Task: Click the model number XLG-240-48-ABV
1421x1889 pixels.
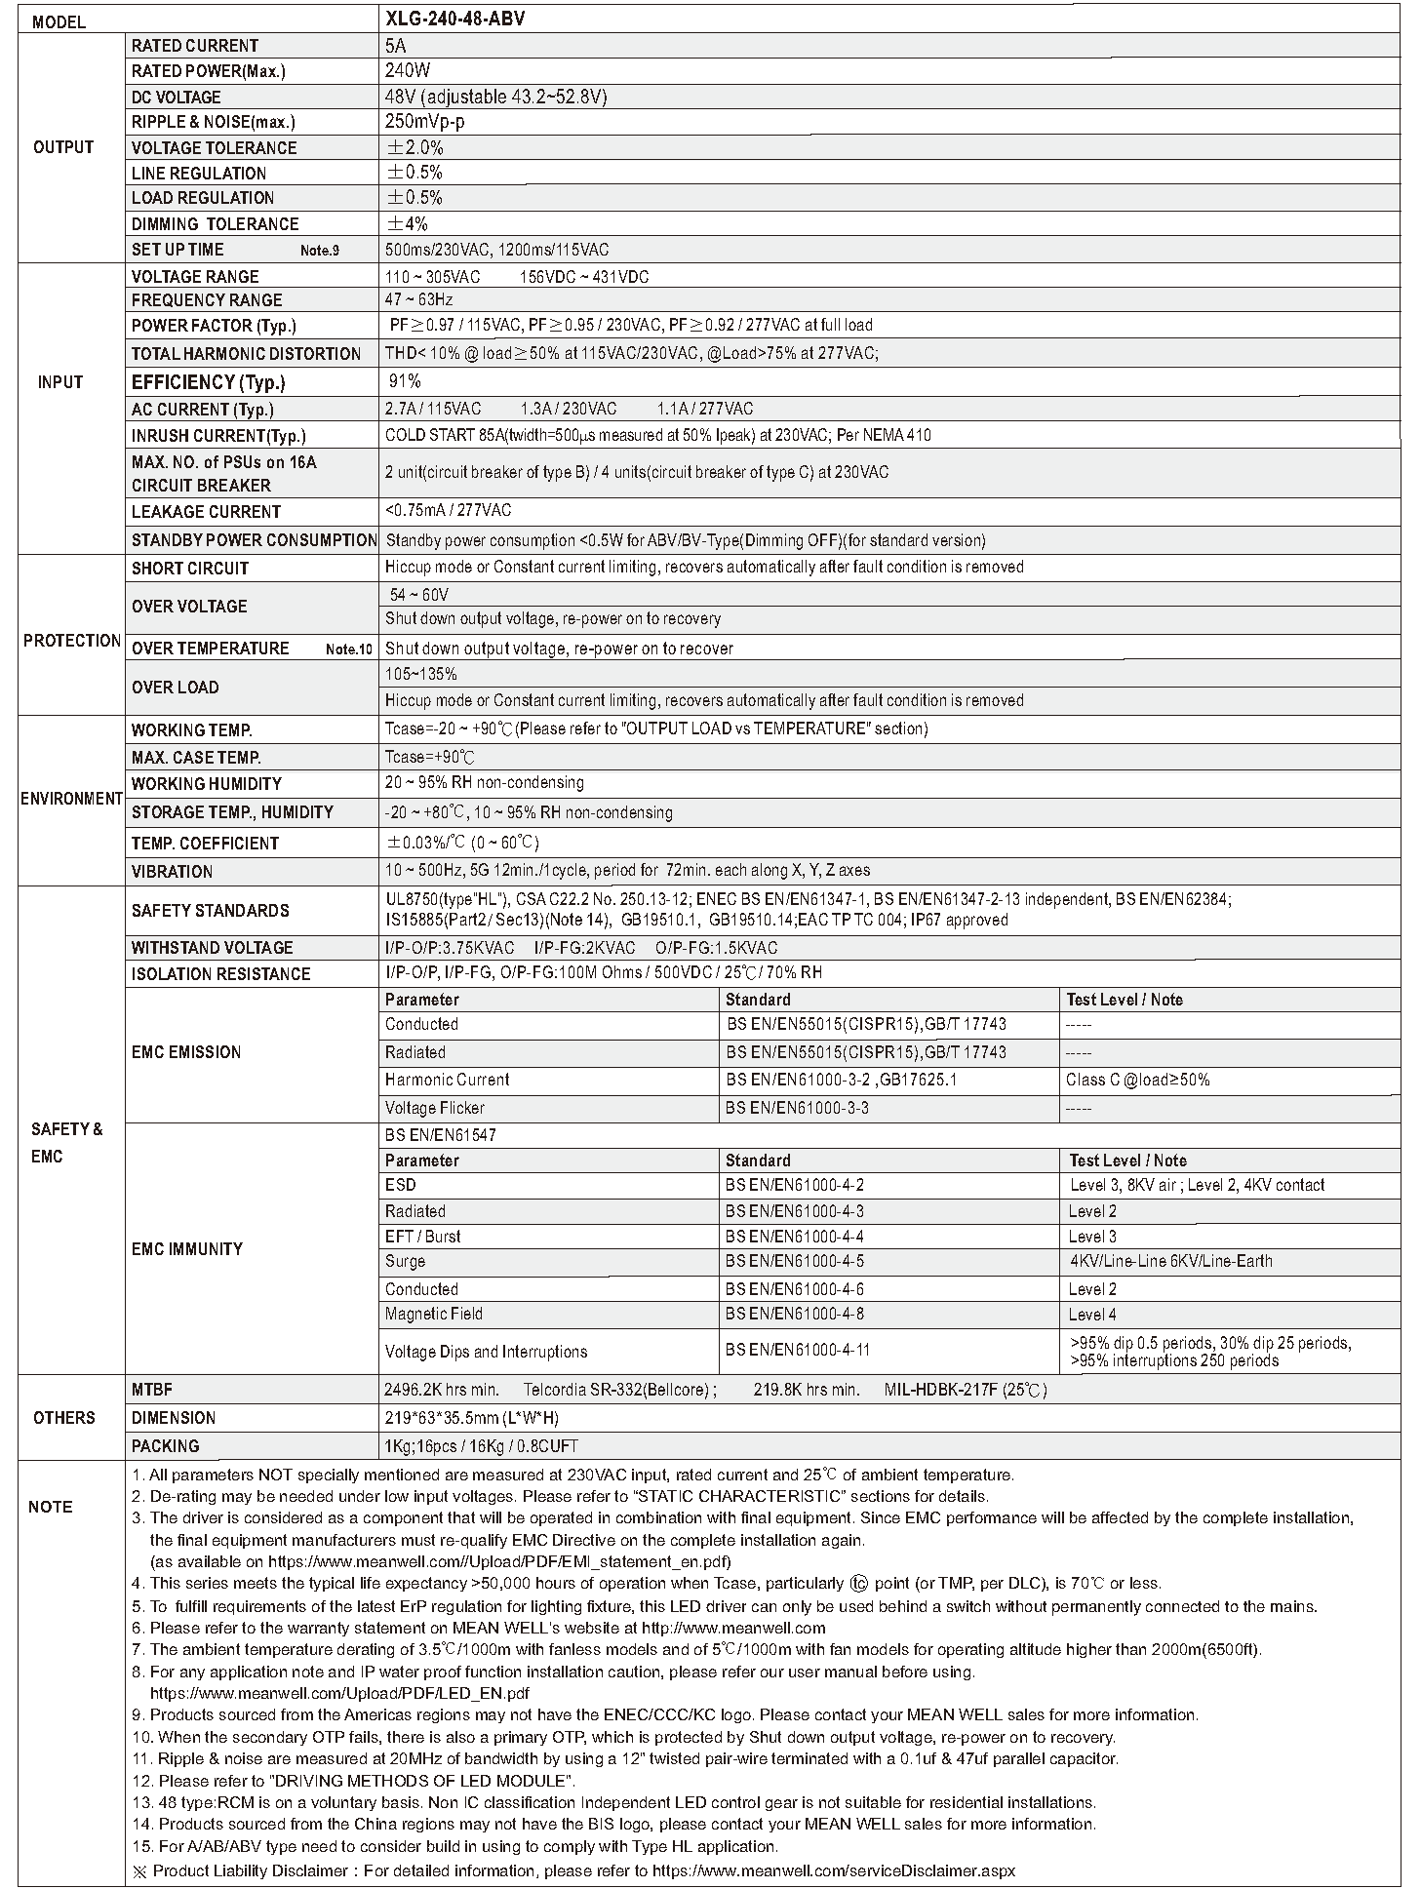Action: [x=454, y=19]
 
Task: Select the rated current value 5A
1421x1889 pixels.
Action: [x=396, y=45]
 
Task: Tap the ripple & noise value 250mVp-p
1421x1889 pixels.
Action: [x=425, y=122]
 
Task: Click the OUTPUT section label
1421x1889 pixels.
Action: [x=63, y=147]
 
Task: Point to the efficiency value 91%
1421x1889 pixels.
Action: [x=405, y=381]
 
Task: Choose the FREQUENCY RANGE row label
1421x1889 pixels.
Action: [x=207, y=300]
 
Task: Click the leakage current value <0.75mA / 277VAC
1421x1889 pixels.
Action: [x=448, y=510]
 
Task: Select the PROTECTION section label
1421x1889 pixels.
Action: [x=71, y=641]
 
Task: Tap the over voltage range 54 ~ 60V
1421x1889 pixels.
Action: [x=419, y=594]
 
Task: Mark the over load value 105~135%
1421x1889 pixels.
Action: [x=420, y=674]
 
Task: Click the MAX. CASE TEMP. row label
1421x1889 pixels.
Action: [x=196, y=757]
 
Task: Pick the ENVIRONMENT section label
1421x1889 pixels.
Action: [x=71, y=799]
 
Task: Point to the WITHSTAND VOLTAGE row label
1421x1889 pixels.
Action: [x=212, y=948]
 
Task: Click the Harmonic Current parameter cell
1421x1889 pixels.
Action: [x=447, y=1080]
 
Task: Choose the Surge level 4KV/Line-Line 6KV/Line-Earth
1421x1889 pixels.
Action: [x=1170, y=1261]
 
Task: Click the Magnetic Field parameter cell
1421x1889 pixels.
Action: [x=433, y=1314]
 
